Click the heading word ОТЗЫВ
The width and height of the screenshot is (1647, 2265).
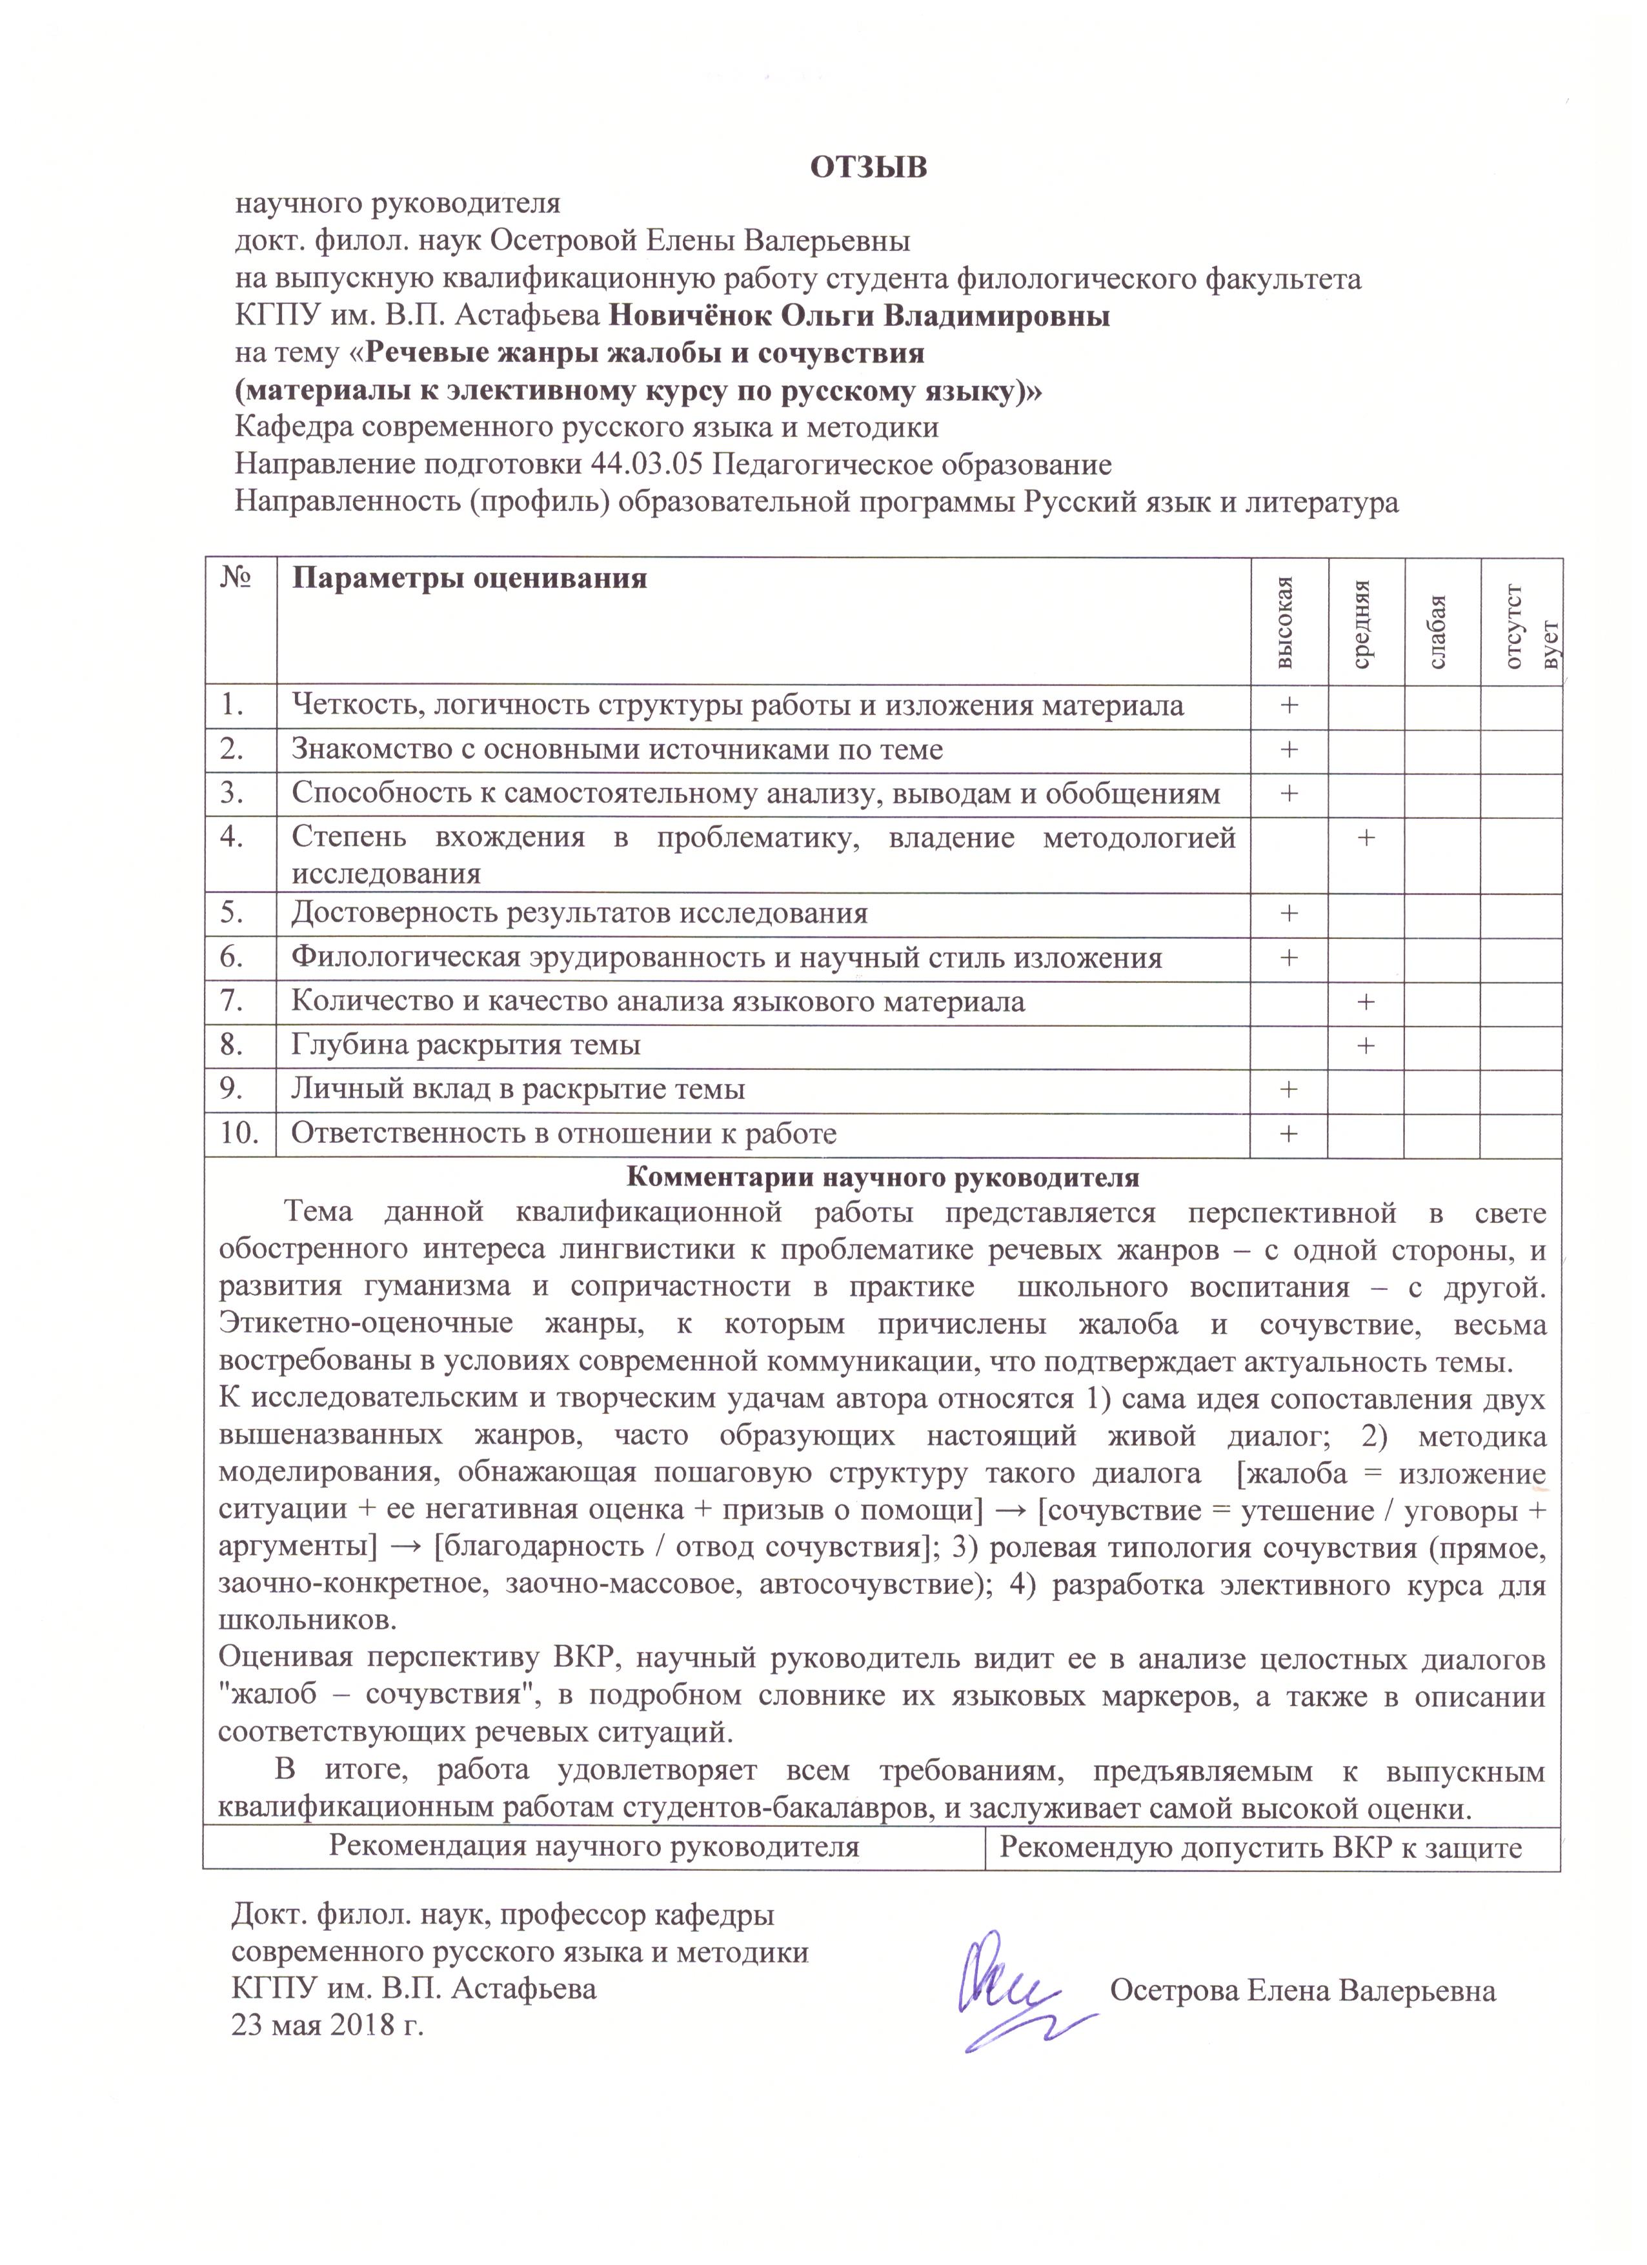pyautogui.click(x=868, y=166)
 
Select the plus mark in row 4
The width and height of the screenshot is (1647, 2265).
pyautogui.click(x=1366, y=837)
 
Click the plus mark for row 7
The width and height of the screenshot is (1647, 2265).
pyautogui.click(x=1366, y=1002)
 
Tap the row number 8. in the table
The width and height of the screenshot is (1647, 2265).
pyautogui.click(x=233, y=1045)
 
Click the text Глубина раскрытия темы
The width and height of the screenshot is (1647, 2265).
pyautogui.click(x=465, y=1045)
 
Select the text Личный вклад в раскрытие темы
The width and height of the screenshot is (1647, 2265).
pyautogui.click(x=518, y=1089)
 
